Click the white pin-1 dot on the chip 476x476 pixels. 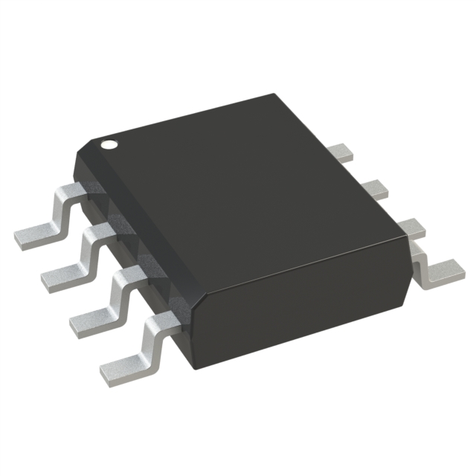pyautogui.click(x=109, y=143)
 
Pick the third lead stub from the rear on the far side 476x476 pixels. pyautogui.click(x=405, y=225)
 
